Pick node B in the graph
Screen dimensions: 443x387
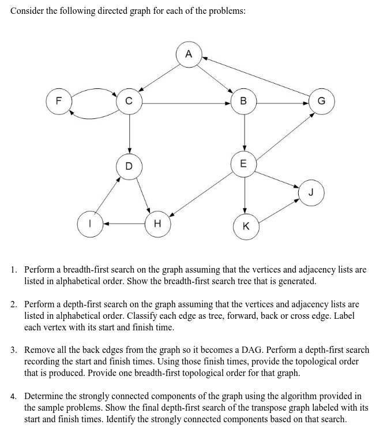tap(243, 103)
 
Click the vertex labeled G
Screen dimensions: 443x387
tap(321, 103)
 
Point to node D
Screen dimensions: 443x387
tap(129, 166)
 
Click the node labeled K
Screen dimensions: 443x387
tap(246, 226)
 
